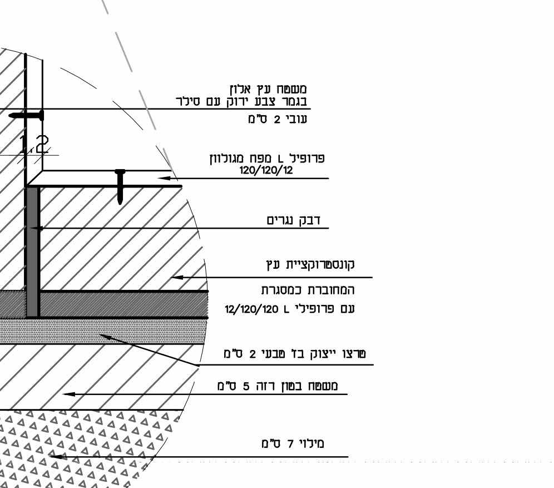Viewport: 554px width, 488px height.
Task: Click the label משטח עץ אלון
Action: pos(268,88)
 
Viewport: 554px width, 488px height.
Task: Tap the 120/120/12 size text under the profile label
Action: pos(266,170)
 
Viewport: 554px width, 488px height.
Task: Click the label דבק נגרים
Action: pos(296,220)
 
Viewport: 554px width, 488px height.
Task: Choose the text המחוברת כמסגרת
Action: pos(308,290)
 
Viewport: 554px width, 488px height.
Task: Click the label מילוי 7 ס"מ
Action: pos(293,443)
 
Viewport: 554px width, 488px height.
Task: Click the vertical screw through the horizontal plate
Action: pos(120,186)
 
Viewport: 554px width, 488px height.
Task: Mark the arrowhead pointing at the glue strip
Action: pos(33,228)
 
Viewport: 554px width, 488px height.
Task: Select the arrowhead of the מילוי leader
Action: pos(53,456)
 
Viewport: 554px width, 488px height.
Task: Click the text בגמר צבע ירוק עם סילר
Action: pos(239,102)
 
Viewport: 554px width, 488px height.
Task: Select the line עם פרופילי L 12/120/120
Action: pos(289,309)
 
